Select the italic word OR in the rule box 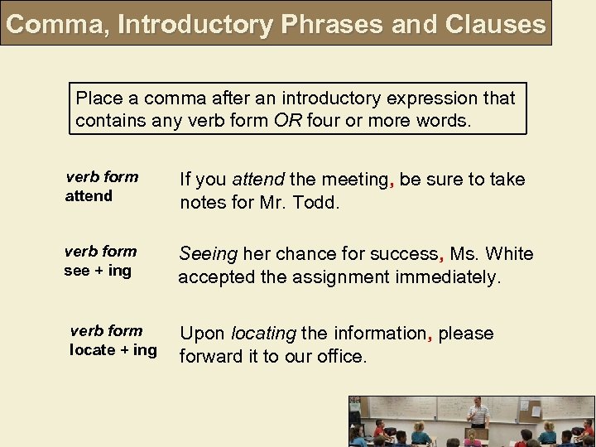coord(288,120)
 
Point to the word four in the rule coord(324,120)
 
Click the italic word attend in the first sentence coord(258,180)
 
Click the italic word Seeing coord(208,254)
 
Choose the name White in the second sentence coord(511,254)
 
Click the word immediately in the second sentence coord(448,277)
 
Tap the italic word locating coord(263,334)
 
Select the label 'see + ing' coord(98,271)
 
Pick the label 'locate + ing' coord(113,349)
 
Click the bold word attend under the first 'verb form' coord(89,196)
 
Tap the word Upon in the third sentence coord(202,334)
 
